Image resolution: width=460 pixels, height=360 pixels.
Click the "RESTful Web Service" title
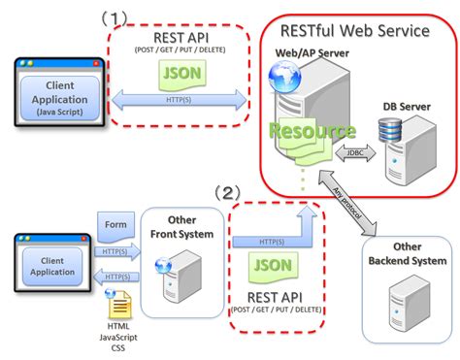point(355,31)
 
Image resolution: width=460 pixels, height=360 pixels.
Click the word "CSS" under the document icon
point(119,349)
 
